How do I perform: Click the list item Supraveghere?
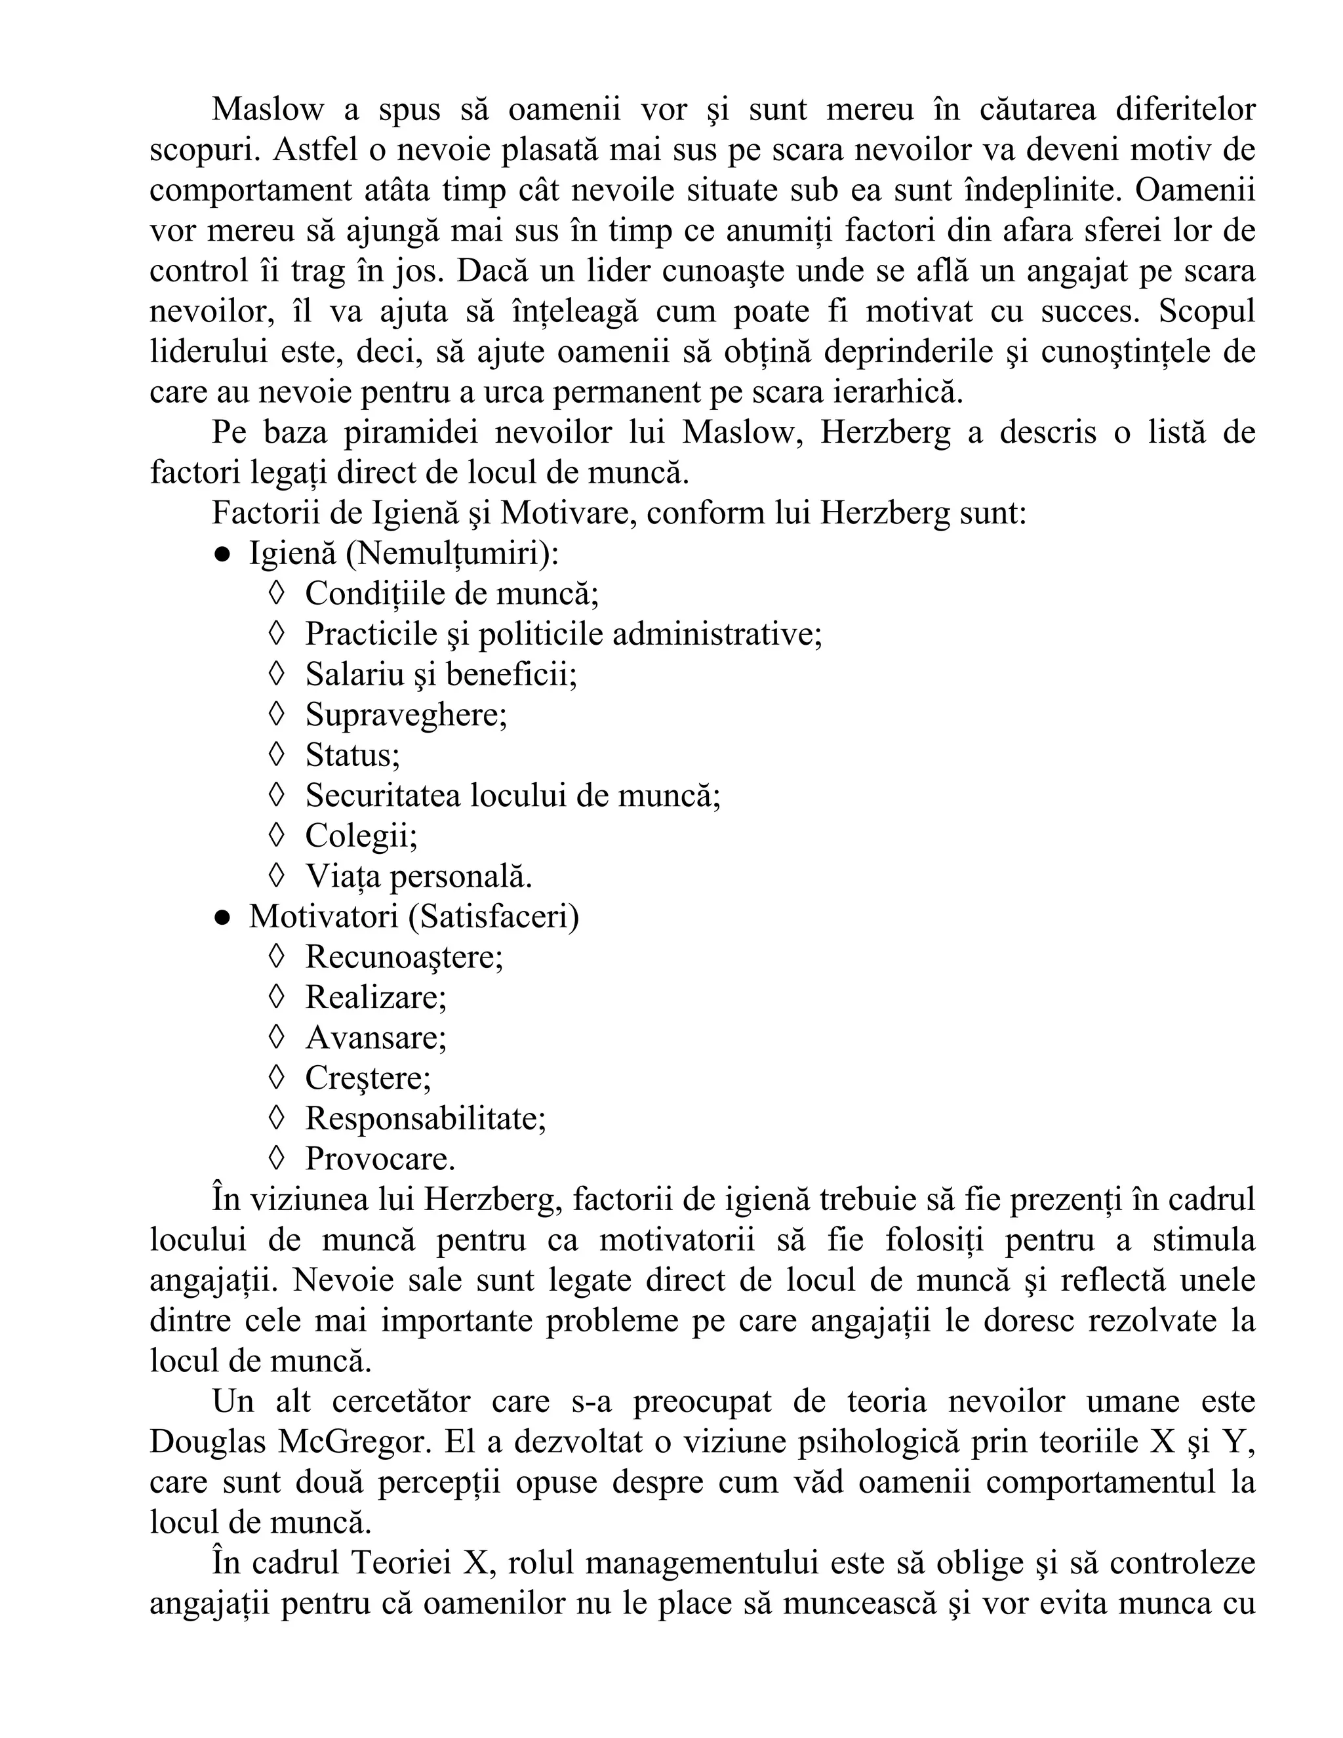coord(406,716)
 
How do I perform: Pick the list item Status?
coord(352,755)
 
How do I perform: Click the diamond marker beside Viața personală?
coord(276,876)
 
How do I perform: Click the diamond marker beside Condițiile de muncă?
coord(276,594)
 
